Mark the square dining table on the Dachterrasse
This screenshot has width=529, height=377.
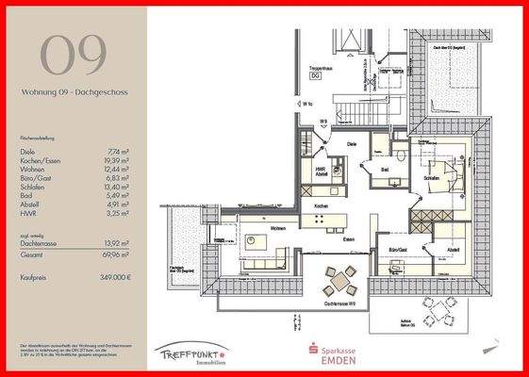point(340,280)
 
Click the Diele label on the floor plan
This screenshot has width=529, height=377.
point(351,143)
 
